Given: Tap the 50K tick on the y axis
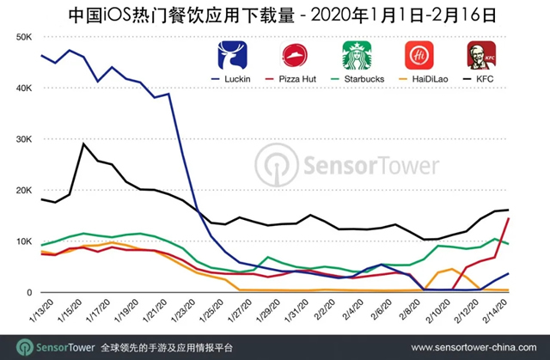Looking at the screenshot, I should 23,38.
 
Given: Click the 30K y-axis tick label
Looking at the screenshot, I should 23,139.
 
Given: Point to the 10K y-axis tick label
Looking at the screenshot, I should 23,241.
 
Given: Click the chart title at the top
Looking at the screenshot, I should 275,14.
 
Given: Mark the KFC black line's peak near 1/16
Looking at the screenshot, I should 82,143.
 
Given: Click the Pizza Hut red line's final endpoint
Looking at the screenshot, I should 510,218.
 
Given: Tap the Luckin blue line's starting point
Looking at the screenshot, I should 41,55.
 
